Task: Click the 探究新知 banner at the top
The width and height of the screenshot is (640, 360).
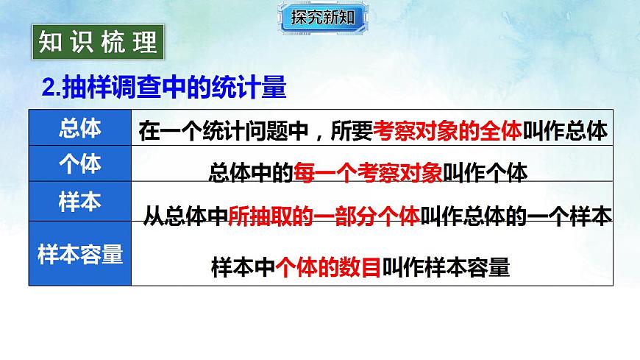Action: [322, 17]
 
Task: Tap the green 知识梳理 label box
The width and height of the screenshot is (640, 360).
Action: [99, 42]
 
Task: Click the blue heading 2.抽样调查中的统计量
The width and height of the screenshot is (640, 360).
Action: [163, 89]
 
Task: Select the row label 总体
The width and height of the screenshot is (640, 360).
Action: [79, 128]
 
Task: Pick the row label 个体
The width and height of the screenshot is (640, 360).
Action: [79, 164]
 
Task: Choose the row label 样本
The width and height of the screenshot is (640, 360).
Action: [79, 202]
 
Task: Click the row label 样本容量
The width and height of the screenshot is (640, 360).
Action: [79, 254]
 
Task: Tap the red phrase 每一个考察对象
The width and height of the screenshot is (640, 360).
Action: [368, 172]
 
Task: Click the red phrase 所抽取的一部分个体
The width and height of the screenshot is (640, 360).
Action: [324, 215]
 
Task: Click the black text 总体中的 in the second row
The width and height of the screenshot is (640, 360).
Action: [251, 172]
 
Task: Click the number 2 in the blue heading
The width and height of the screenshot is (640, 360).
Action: [49, 90]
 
